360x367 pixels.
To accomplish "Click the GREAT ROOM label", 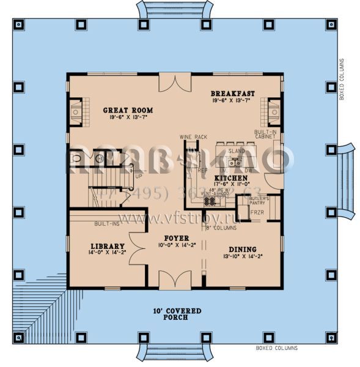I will [128, 110].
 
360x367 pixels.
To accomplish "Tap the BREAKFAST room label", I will [233, 92].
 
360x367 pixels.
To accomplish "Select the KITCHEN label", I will [231, 178].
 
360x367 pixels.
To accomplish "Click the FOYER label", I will [175, 238].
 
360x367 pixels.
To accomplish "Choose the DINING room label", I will [243, 249].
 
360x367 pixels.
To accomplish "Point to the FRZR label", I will [258, 213].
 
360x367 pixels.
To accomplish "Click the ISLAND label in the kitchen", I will [232, 150].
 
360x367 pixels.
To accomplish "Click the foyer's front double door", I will [175, 280].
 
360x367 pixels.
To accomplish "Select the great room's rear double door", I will [175, 83].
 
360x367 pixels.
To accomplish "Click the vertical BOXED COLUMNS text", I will [342, 80].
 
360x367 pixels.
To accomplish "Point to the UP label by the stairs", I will [138, 176].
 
